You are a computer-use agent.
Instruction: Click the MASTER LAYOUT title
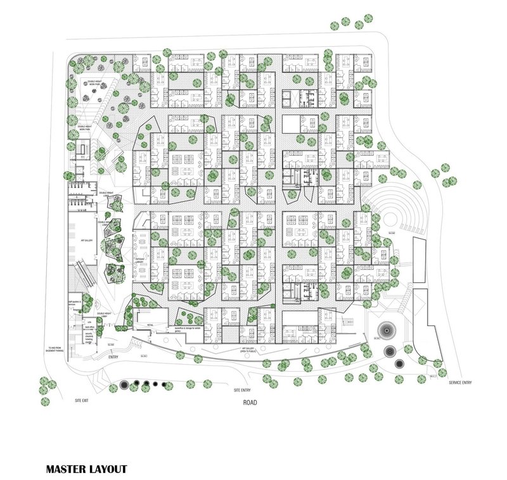(86, 469)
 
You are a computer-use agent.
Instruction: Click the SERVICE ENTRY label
(460, 383)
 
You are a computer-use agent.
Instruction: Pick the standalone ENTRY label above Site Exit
(113, 357)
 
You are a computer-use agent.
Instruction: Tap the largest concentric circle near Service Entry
(385, 331)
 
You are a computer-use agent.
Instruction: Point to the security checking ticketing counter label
(90, 336)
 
